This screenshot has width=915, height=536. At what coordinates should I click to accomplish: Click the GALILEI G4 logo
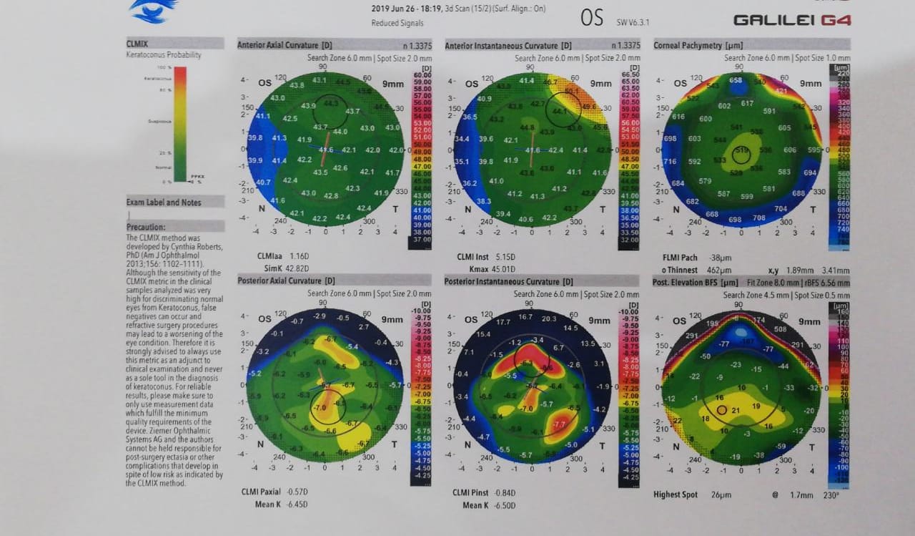click(791, 20)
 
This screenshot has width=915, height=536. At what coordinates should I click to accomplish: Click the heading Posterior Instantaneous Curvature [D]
click(508, 282)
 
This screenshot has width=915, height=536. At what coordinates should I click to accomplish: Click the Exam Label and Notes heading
click(164, 203)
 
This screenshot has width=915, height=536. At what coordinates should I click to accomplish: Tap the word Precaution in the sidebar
click(145, 227)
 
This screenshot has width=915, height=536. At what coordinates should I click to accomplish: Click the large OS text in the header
click(592, 18)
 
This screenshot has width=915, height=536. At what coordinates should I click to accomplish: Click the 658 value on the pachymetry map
click(736, 81)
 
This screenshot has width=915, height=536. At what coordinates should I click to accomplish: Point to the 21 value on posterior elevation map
click(735, 410)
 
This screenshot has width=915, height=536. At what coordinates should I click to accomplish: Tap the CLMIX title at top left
click(137, 44)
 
